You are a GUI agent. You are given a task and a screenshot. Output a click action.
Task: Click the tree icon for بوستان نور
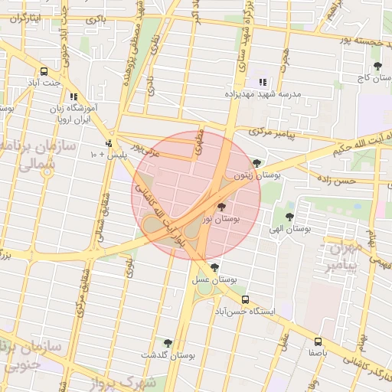[x=222, y=207]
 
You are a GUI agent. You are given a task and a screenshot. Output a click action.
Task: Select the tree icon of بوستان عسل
[x=214, y=267]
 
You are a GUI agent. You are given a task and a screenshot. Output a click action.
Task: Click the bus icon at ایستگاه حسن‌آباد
[x=245, y=299]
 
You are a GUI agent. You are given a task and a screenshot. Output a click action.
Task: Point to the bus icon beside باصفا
[x=318, y=341]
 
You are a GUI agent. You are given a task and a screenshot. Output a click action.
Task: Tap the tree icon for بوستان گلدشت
[x=168, y=343]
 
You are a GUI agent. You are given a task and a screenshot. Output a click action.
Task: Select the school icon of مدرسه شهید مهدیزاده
[x=263, y=82]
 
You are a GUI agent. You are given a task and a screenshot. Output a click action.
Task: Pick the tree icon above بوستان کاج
[x=377, y=66]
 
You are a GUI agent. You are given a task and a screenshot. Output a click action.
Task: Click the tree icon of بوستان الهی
[x=289, y=217]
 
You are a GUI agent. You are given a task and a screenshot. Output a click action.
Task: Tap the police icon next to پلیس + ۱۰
[x=109, y=143]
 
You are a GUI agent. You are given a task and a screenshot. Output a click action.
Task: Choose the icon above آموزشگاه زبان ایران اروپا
[x=73, y=97]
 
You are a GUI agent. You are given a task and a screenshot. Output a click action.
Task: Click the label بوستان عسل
[x=212, y=280]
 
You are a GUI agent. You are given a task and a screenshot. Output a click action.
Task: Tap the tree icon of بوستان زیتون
[x=256, y=162]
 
